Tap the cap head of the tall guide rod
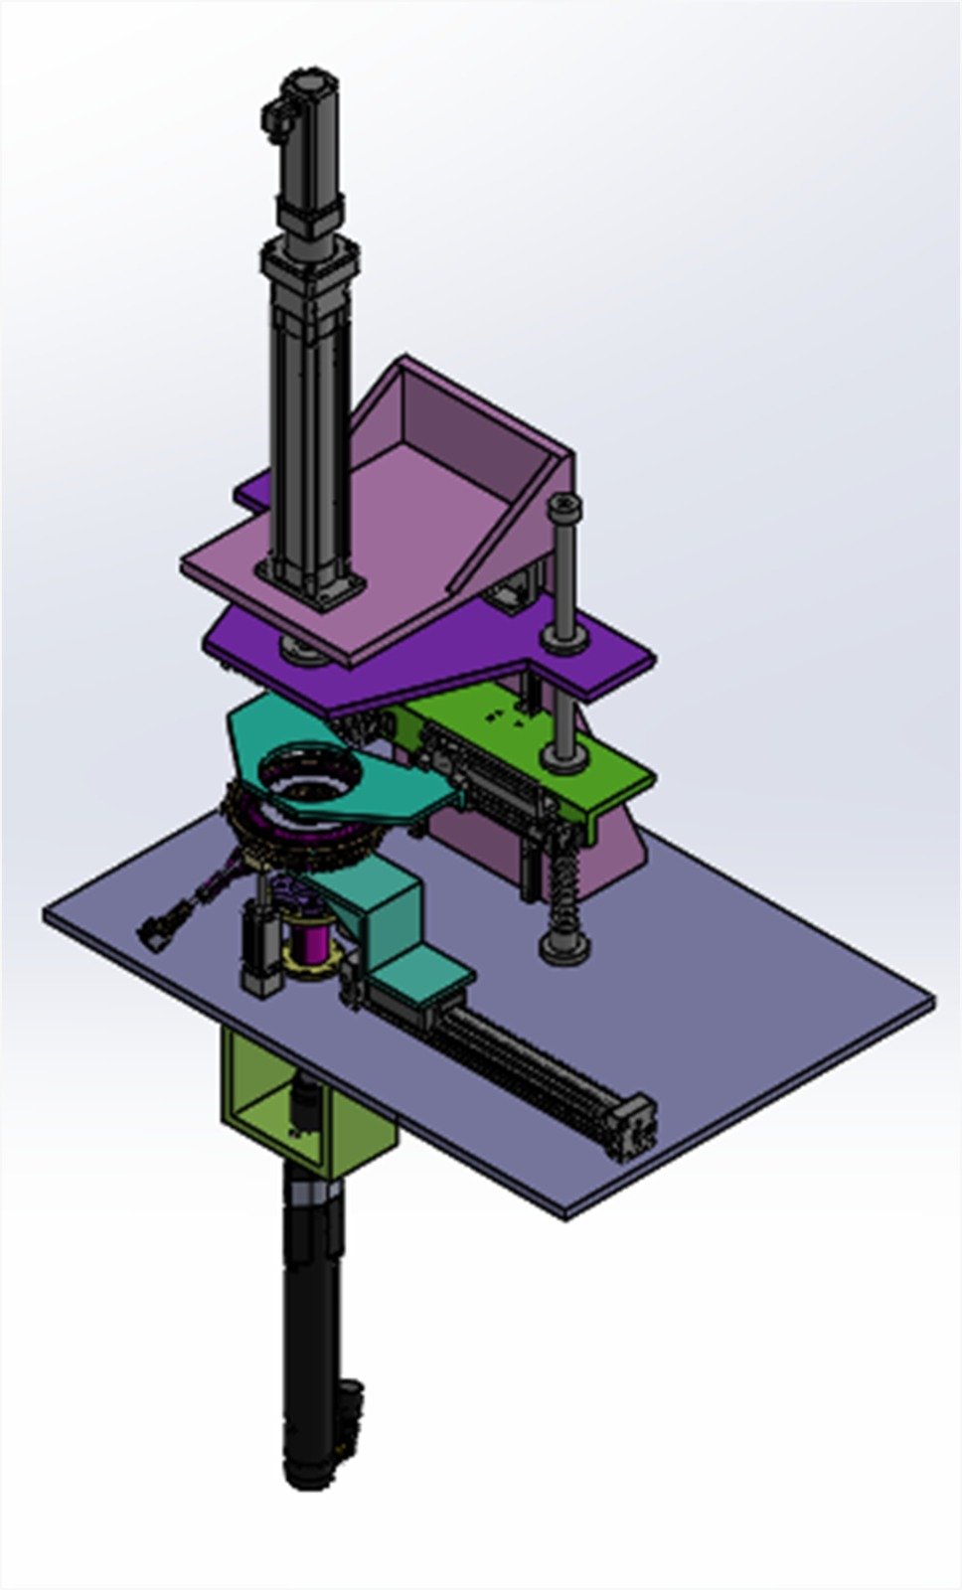564,508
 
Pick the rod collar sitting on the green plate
564,759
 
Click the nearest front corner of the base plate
566,1212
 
